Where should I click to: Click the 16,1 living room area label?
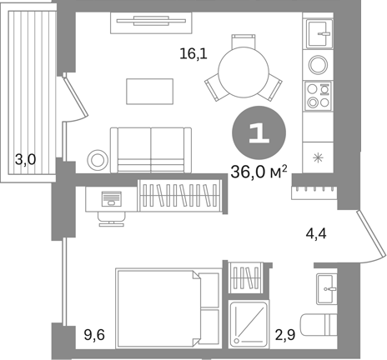click(193, 53)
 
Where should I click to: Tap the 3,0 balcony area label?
click(25, 159)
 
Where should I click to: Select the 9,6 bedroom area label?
click(94, 335)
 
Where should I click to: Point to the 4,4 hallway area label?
click(316, 234)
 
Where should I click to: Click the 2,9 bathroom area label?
click(285, 335)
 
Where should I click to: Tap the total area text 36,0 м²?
click(259, 172)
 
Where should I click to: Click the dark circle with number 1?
click(259, 132)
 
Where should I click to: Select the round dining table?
click(244, 72)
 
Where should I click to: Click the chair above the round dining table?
click(244, 41)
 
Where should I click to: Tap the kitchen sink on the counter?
click(319, 33)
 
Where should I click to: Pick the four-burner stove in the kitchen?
click(318, 96)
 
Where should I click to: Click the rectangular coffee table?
click(150, 92)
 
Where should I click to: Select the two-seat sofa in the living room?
click(151, 150)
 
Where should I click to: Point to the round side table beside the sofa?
click(98, 160)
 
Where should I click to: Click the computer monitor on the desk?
click(112, 199)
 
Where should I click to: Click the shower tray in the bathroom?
click(249, 324)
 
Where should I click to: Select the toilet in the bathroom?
click(319, 325)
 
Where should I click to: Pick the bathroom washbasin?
click(327, 289)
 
